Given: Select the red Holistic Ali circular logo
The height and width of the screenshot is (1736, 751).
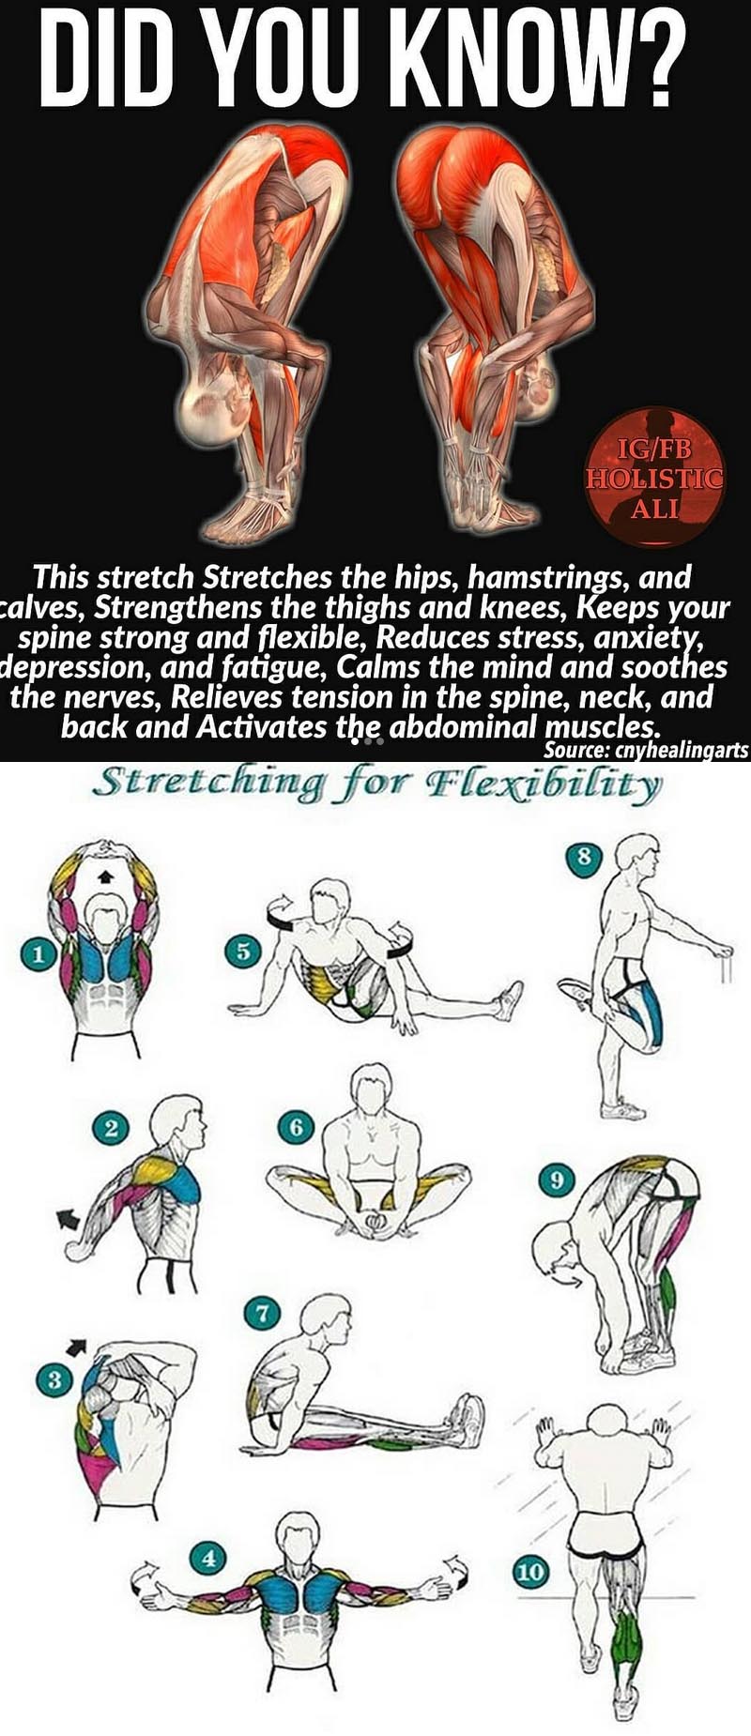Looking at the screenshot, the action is tap(655, 477).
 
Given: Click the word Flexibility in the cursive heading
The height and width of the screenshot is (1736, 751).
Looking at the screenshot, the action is tap(544, 784).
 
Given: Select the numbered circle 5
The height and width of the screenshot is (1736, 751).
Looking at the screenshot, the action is tap(242, 952).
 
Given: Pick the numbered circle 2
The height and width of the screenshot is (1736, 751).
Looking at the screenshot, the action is tap(111, 1128).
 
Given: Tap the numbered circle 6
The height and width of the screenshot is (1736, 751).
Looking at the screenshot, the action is tap(296, 1126).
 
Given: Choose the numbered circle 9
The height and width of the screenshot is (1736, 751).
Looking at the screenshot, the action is tap(558, 1180).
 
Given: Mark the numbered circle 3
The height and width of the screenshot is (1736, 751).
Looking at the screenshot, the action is tap(54, 1380).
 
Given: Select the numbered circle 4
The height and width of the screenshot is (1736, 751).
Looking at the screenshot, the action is tap(208, 1559).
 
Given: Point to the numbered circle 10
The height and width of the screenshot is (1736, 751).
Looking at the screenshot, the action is tap(530, 1571).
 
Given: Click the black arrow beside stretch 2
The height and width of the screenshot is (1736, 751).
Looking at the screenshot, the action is tap(69, 1219).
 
